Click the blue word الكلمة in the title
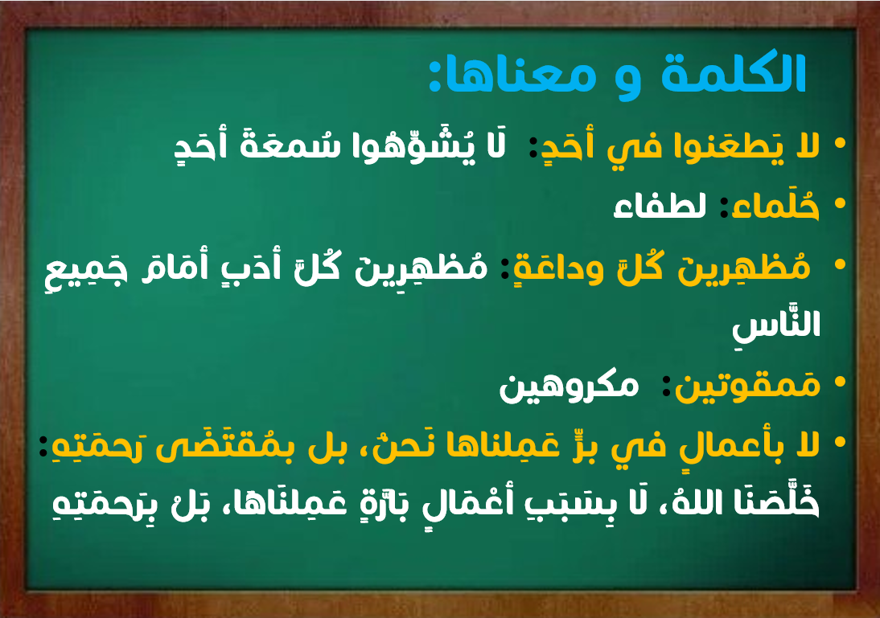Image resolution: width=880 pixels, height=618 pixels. [x=734, y=73]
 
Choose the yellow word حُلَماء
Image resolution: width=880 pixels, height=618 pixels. [x=770, y=206]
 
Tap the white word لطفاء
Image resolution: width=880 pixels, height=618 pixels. [x=660, y=207]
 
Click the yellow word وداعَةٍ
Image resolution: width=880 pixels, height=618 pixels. [x=558, y=268]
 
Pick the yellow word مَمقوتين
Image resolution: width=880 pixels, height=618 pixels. [x=747, y=386]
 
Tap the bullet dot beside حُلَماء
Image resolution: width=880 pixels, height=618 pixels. [x=840, y=204]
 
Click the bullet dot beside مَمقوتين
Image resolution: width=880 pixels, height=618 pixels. [x=840, y=383]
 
